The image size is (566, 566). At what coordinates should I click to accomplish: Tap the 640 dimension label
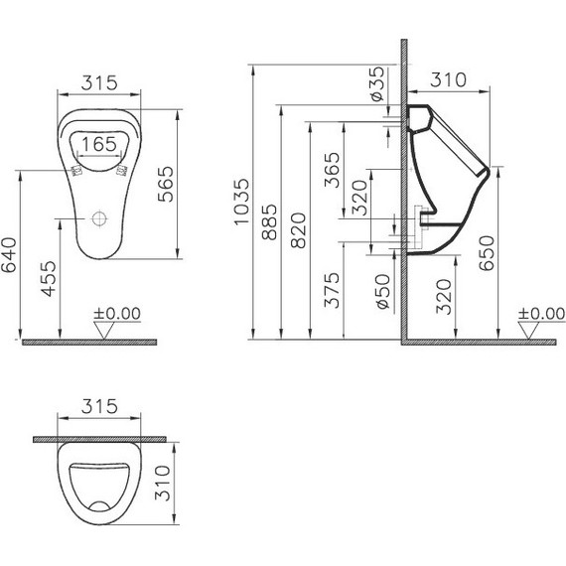(11, 254)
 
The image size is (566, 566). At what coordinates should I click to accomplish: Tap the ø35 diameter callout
(376, 84)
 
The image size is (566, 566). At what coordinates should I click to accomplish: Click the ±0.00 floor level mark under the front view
(117, 313)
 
